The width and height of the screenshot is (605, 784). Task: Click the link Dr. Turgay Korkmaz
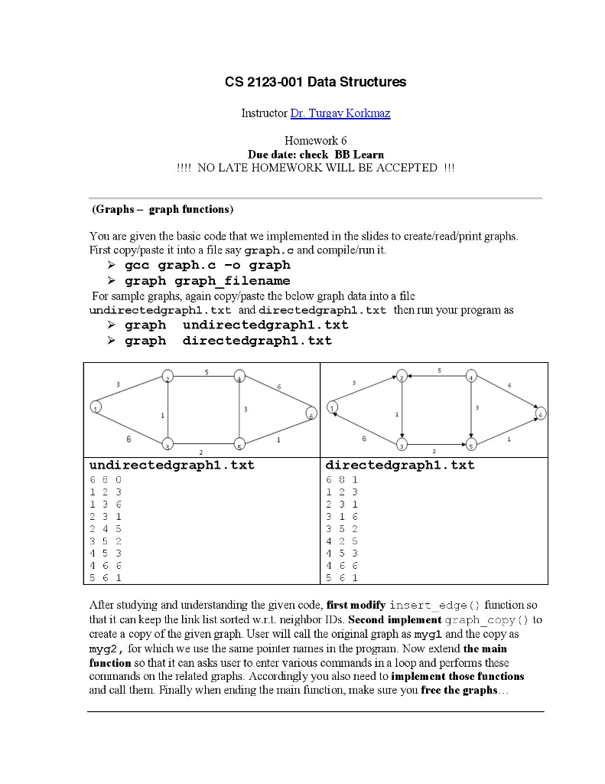(340, 113)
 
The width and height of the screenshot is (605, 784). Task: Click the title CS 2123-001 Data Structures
(315, 82)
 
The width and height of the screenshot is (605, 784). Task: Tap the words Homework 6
(315, 141)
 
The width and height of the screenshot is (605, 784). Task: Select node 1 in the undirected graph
(96, 407)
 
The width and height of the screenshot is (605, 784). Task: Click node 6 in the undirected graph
(311, 413)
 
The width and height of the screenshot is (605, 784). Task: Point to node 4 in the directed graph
(472, 377)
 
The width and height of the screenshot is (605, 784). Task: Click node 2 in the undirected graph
(168, 377)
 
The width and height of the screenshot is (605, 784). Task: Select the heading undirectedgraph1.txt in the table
(172, 465)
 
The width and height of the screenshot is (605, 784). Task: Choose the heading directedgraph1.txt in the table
(400, 465)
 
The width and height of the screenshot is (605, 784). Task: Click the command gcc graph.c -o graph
(207, 266)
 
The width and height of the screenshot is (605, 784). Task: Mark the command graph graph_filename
(207, 281)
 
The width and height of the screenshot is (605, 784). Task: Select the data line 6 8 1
(342, 480)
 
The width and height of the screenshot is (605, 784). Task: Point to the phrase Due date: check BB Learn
(315, 154)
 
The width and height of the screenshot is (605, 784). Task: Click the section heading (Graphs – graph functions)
(162, 209)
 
